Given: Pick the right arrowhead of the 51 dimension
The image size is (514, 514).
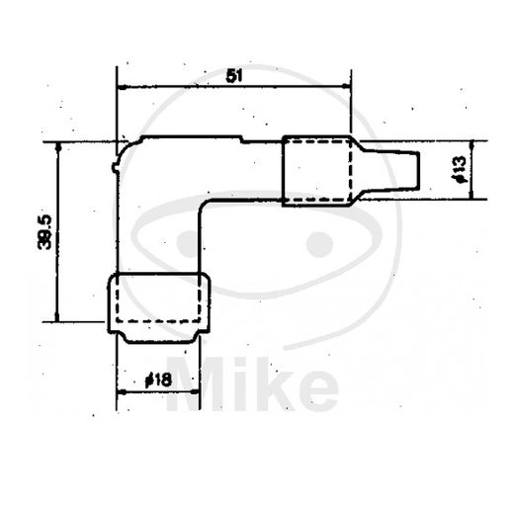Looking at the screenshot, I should pyautogui.click(x=347, y=86).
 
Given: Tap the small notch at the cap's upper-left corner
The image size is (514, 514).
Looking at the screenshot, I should pyautogui.click(x=119, y=163).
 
